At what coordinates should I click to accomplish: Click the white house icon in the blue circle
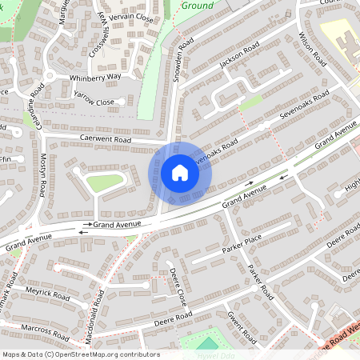[180, 172]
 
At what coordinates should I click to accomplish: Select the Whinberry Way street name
[95, 76]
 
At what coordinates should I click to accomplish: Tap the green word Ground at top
[197, 6]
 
